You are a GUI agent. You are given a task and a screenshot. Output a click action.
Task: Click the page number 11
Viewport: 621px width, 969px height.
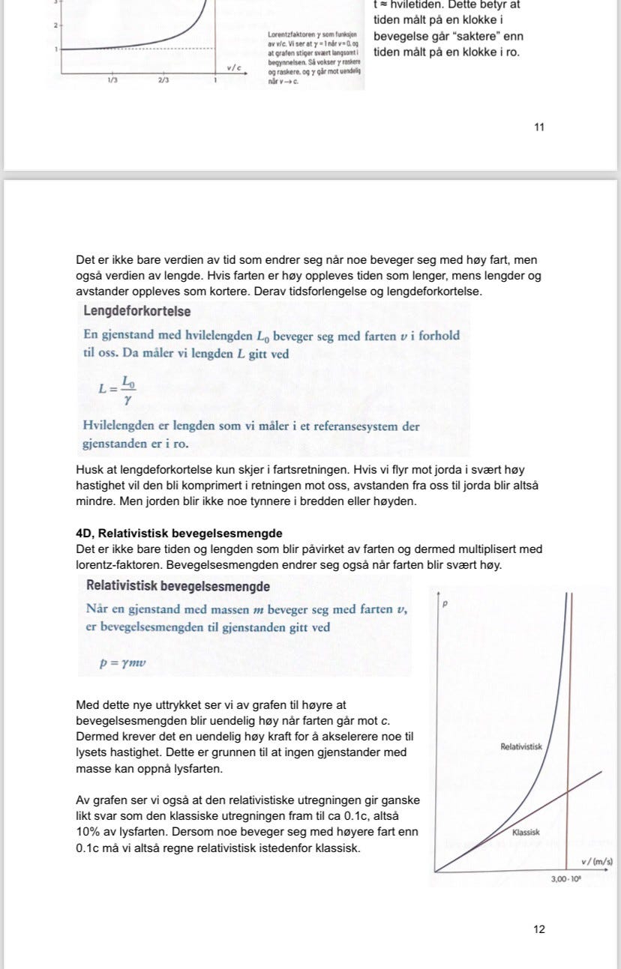(x=538, y=127)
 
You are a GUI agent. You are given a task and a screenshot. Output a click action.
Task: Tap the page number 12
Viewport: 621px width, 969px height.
(x=539, y=929)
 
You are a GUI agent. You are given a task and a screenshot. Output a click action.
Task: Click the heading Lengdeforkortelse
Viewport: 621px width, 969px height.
(x=137, y=311)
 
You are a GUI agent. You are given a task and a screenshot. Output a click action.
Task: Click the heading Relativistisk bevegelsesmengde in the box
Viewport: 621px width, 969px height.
(x=178, y=586)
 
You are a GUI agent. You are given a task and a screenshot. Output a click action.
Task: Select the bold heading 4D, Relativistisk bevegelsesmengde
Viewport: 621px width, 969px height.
(x=179, y=534)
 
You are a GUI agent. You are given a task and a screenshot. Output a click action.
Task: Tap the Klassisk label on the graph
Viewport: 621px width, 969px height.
(x=526, y=833)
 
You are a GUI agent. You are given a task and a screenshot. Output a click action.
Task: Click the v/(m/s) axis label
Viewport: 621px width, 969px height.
(x=596, y=861)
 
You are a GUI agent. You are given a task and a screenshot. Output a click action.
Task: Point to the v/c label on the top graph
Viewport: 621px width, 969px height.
(x=232, y=67)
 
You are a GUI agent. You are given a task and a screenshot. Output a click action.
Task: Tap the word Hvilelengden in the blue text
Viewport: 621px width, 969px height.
(x=119, y=426)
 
